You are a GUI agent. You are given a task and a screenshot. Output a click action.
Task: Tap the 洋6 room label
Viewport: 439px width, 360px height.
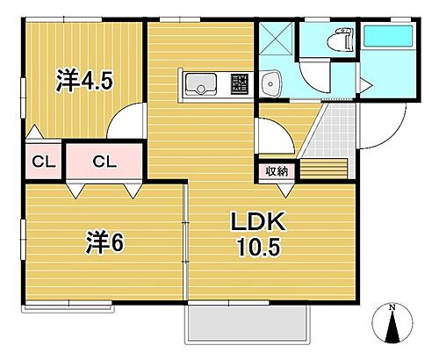(x=104, y=240)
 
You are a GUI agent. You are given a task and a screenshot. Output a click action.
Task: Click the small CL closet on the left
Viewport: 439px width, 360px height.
(x=39, y=161)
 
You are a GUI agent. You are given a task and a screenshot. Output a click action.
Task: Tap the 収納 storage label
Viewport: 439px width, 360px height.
(x=277, y=171)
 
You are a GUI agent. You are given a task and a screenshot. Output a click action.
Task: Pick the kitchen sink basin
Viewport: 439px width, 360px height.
(x=201, y=84)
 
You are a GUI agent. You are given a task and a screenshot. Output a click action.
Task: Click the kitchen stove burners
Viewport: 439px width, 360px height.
(x=240, y=84)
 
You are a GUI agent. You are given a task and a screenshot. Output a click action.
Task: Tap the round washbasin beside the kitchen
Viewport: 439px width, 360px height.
(x=270, y=84)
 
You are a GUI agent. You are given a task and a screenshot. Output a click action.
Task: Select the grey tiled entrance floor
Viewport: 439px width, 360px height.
(x=335, y=132)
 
